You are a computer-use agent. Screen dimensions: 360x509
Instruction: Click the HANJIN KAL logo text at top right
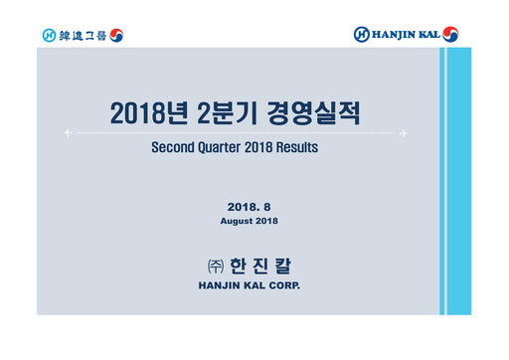pyautogui.click(x=406, y=35)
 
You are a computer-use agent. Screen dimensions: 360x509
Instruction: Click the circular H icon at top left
pyautogui.click(x=48, y=35)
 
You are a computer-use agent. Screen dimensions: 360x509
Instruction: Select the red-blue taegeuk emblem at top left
pyautogui.click(x=117, y=35)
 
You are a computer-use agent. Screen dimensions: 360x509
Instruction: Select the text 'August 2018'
pyautogui.click(x=249, y=220)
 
